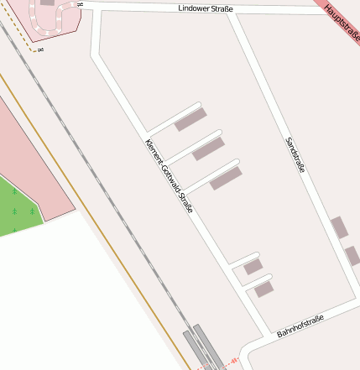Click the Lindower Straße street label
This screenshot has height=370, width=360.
point(206,8)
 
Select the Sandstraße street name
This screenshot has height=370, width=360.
point(295,154)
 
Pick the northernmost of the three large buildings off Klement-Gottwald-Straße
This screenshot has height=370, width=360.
point(190,121)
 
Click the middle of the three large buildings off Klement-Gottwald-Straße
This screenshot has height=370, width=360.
point(208,149)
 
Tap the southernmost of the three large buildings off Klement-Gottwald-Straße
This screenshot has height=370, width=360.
point(226,178)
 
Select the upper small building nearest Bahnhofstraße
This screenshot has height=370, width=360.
point(253,267)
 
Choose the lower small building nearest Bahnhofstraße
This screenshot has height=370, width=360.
point(264,289)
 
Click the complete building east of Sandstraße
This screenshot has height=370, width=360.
point(339,227)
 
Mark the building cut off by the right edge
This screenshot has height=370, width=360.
point(353,256)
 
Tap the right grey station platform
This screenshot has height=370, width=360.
point(208,345)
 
